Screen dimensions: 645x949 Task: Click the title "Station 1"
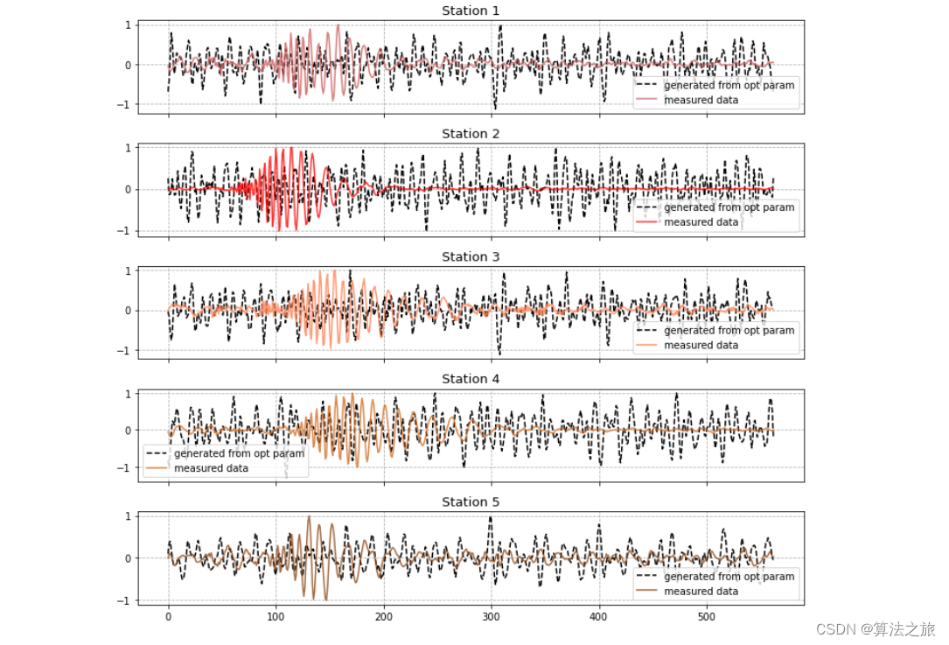[x=471, y=11]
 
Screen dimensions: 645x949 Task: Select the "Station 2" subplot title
[x=471, y=134]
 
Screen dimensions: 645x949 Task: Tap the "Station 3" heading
[x=471, y=256]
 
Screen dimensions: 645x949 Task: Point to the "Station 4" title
[x=471, y=379]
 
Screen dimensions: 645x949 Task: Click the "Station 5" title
[x=471, y=502]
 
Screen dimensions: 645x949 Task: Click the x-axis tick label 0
[x=169, y=617]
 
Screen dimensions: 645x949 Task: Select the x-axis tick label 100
[x=276, y=617]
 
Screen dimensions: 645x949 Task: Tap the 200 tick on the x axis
[x=384, y=617]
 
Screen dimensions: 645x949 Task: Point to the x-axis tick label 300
[x=492, y=617]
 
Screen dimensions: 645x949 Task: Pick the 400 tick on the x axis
[x=599, y=617]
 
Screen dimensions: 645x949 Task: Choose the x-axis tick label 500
[x=707, y=617]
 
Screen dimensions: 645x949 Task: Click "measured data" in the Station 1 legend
[x=701, y=100]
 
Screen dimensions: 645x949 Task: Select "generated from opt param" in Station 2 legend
[x=729, y=207]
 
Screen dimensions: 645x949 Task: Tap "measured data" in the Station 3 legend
[x=701, y=345]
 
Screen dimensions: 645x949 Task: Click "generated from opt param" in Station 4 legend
[x=239, y=453]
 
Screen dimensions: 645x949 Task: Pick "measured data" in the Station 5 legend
[x=701, y=591]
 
